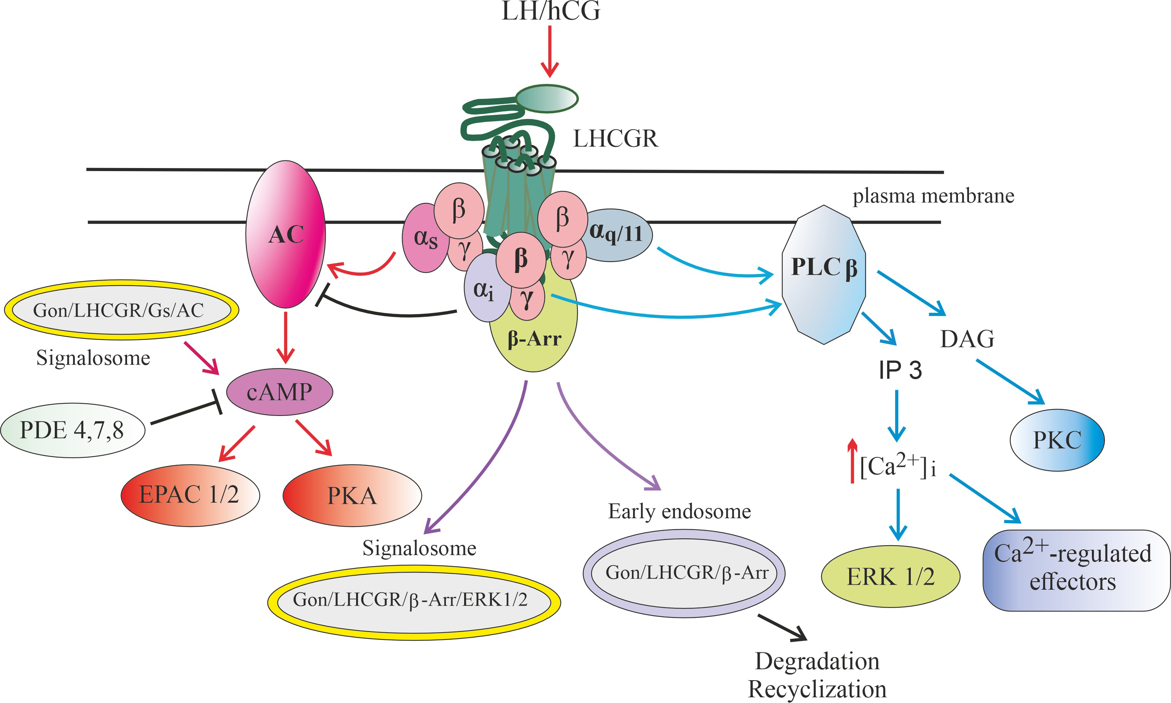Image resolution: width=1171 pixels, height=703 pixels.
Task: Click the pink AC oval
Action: tap(285, 234)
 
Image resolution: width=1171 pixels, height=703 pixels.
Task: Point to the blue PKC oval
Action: tap(1057, 440)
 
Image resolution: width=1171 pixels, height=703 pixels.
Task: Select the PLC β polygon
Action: tap(824, 275)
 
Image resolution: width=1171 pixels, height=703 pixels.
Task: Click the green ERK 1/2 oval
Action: tap(890, 576)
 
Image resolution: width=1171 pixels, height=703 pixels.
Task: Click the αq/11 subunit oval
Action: tap(616, 235)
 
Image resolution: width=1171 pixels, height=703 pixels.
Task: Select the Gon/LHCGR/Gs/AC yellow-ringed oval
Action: tap(121, 310)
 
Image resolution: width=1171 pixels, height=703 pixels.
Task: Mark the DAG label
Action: tap(967, 339)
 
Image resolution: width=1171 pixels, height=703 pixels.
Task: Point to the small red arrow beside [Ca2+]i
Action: tap(853, 460)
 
